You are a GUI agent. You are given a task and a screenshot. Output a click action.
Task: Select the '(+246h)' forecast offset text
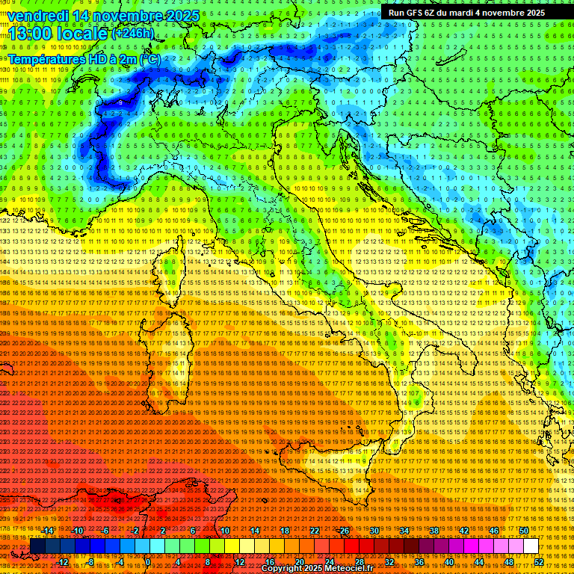coord(133,33)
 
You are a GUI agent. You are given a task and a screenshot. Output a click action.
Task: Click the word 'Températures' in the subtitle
coord(46,58)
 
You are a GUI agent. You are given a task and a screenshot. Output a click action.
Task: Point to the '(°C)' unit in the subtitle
coord(149,58)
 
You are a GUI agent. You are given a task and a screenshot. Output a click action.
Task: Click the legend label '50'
coord(523,530)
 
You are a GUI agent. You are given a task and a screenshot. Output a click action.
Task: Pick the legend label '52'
coord(539,561)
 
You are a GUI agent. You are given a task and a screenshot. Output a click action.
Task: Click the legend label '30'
coord(374,530)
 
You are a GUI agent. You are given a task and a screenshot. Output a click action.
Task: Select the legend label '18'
coord(284,530)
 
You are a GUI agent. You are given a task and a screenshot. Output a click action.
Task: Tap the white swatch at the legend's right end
coord(531,546)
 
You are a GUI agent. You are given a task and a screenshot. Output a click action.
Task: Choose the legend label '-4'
coord(120,561)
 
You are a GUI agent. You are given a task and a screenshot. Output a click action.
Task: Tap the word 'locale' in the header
coord(84,34)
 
